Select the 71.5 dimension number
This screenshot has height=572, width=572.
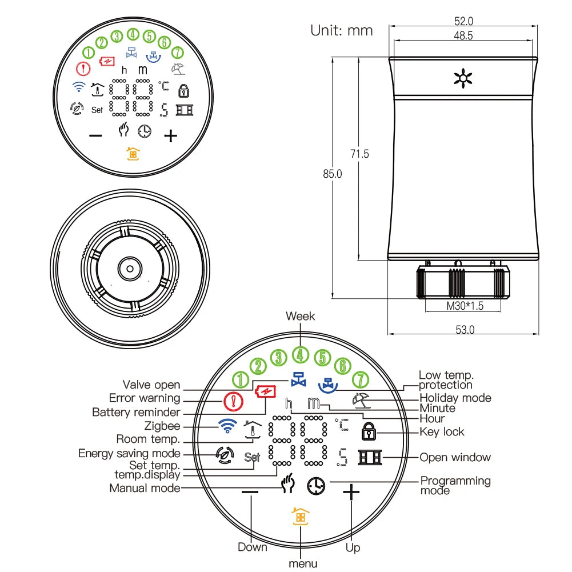click(359, 154)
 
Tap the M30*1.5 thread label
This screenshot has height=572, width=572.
click(465, 306)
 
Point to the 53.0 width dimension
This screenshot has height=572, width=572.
click(465, 329)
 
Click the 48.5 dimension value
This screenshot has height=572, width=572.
click(463, 35)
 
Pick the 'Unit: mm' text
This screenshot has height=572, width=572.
click(341, 30)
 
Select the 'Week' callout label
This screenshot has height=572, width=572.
click(300, 316)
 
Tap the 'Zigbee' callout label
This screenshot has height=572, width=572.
click(162, 426)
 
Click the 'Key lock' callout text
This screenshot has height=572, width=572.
click(442, 432)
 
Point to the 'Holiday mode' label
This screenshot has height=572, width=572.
click(455, 398)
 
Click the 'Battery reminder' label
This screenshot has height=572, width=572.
click(136, 412)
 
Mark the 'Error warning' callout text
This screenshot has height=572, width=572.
click(145, 398)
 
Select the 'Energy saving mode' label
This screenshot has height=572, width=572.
click(129, 453)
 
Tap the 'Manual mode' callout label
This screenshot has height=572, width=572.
click(145, 488)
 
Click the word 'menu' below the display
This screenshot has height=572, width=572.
click(303, 563)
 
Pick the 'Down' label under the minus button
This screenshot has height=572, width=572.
click(252, 547)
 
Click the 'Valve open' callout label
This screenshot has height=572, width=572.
click(151, 385)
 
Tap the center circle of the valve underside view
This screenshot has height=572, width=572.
click(130, 267)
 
